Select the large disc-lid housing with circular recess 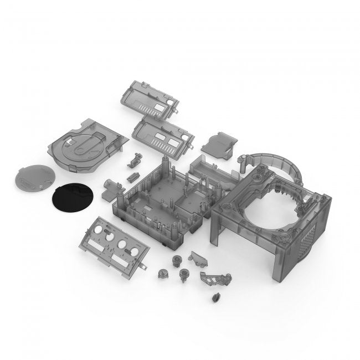(86, 145)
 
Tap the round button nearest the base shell (176, 259)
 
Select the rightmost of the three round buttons (183, 272)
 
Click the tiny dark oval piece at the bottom (213, 297)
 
